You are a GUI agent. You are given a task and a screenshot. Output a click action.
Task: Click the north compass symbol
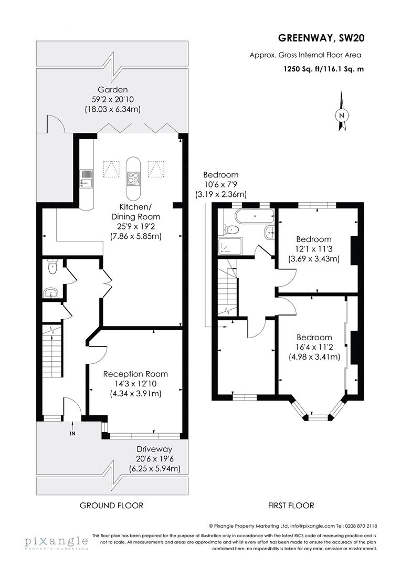pyautogui.click(x=342, y=112)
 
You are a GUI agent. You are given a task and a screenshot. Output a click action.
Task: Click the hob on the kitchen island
pyautogui.click(x=133, y=178)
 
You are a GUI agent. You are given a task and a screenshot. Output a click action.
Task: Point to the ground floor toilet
pyautogui.click(x=51, y=267)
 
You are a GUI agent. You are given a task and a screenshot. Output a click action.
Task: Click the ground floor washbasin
pyautogui.click(x=50, y=292)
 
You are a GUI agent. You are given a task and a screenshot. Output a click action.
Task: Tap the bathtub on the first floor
pyautogui.click(x=255, y=215)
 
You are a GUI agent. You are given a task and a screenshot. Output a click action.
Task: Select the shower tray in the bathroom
pyautogui.click(x=229, y=246)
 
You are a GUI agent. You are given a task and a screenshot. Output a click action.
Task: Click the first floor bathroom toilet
pyautogui.click(x=231, y=229)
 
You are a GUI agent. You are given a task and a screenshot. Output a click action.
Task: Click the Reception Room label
pyautogui.click(x=135, y=374)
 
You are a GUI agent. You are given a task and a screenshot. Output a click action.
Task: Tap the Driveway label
pyautogui.click(x=154, y=449)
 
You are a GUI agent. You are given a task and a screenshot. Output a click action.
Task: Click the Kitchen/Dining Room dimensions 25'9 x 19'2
pyautogui.click(x=135, y=226)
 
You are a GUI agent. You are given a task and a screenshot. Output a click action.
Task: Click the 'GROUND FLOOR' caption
pyautogui.click(x=111, y=506)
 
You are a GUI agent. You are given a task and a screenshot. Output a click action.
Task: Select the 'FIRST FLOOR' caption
pyautogui.click(x=290, y=506)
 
